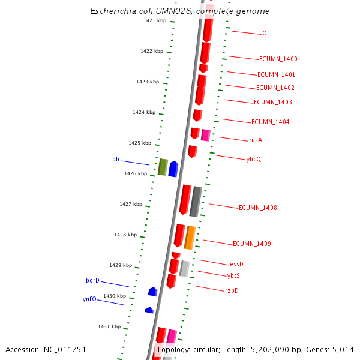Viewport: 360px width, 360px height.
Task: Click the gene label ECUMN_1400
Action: click(278, 59)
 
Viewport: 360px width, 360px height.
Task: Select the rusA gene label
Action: click(256, 140)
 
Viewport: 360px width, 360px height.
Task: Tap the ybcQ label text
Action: click(254, 160)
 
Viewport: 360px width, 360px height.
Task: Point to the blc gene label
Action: click(116, 159)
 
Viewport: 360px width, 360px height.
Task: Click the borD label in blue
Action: click(92, 281)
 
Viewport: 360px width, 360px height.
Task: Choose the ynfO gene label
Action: click(89, 299)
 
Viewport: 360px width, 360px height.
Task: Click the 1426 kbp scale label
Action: click(135, 173)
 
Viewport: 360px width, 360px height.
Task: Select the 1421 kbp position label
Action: click(154, 21)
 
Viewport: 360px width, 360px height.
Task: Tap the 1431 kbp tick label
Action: click(109, 326)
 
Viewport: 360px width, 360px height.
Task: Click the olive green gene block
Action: click(163, 167)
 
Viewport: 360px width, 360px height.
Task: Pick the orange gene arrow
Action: click(190, 238)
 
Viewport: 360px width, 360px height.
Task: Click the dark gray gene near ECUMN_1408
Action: click(195, 202)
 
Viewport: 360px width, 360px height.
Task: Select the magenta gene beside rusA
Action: click(205, 135)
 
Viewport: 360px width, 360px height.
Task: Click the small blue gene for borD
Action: click(152, 292)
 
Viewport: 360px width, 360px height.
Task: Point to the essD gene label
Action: click(236, 264)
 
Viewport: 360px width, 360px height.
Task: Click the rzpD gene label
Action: click(232, 291)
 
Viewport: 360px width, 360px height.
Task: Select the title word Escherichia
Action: click(110, 11)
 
